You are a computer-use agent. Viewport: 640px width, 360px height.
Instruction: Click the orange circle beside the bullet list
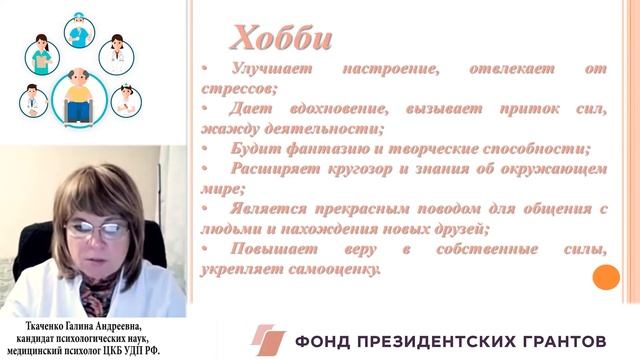(606, 277)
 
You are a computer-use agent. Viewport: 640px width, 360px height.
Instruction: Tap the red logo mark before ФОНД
(268, 339)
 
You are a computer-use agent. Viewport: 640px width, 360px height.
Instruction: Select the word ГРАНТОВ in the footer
(567, 340)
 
